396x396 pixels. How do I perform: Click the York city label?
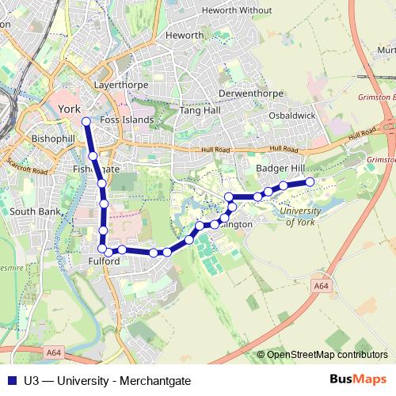tap(70, 110)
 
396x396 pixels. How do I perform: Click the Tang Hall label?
tap(198, 111)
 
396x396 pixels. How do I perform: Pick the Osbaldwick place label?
tap(292, 115)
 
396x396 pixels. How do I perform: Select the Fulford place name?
tap(104, 261)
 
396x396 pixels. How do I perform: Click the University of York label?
tap(303, 216)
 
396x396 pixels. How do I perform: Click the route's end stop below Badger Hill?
tap(310, 182)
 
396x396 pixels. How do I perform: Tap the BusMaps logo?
tap(358, 380)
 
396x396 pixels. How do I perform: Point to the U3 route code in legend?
tap(32, 381)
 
